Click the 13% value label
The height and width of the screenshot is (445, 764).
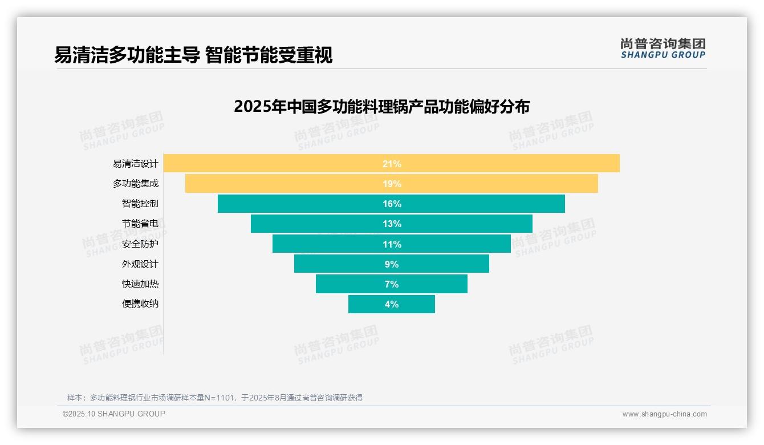(x=392, y=224)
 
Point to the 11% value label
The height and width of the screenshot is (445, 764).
(x=392, y=244)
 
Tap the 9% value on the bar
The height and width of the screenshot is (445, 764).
(x=392, y=264)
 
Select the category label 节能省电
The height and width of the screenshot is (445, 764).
(x=140, y=224)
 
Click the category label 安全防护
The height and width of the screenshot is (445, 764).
(x=140, y=244)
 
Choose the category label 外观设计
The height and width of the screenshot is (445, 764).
(x=140, y=264)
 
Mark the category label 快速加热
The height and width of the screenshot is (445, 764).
(x=140, y=284)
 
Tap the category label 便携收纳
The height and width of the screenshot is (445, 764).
(x=140, y=304)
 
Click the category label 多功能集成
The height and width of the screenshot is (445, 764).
(x=135, y=184)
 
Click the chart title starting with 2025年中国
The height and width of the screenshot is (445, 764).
(x=381, y=107)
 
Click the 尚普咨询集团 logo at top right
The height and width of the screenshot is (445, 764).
(x=663, y=48)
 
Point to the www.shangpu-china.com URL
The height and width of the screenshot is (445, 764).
(x=664, y=414)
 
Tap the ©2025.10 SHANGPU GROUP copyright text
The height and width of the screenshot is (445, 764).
(x=113, y=414)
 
